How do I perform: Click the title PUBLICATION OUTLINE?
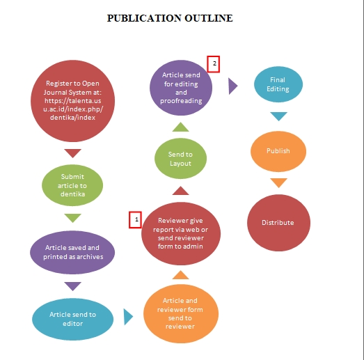pos(170,18)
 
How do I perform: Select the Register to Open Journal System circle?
pos(72,101)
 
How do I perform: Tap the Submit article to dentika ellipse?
pos(72,185)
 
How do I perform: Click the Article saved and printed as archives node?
pos(72,252)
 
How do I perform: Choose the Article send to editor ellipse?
pos(72,319)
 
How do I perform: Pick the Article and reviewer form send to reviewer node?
pos(181,313)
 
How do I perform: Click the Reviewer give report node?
pos(181,233)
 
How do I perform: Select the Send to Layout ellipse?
pos(180,159)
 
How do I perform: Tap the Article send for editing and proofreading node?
pos(181,88)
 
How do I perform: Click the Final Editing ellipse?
pos(278,84)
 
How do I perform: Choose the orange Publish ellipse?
pos(278,151)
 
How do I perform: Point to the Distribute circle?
pos(278,223)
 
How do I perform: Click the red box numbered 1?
pos(135,220)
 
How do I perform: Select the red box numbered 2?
pos(214,64)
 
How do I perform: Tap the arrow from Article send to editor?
pos(128,317)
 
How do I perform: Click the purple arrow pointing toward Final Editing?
pos(233,86)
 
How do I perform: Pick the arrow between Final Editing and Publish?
pos(279,116)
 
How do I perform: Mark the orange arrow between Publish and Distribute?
pos(279,183)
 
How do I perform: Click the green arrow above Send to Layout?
pos(180,127)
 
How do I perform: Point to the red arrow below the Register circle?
pos(72,153)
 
